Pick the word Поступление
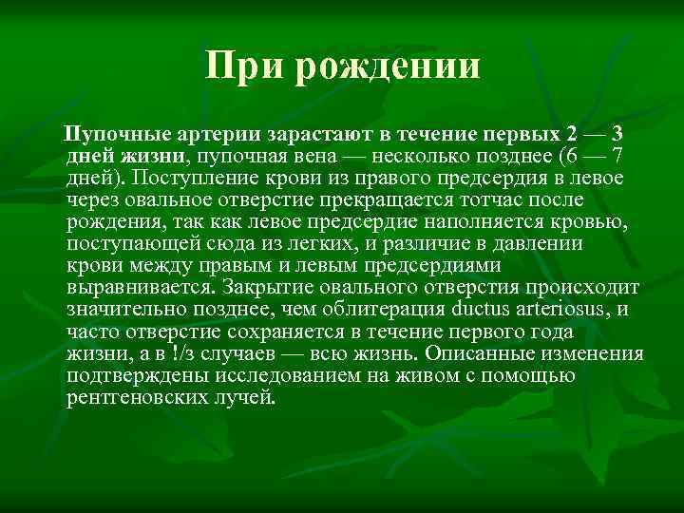[195, 177]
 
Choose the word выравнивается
[140, 287]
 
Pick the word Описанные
[484, 353]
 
